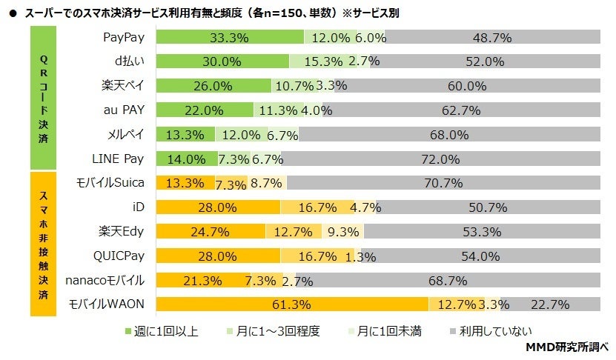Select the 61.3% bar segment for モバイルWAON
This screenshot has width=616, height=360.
[x=292, y=304]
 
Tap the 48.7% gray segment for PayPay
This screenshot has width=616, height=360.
[x=492, y=38]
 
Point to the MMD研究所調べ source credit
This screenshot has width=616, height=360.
[x=566, y=347]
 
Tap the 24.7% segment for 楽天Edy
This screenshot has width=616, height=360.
[x=211, y=231]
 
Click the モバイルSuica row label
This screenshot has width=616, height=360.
[x=110, y=182]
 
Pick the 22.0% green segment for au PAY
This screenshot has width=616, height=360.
[x=205, y=110]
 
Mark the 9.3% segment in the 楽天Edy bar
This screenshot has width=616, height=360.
[x=343, y=231]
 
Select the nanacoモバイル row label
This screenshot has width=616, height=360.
[x=104, y=280]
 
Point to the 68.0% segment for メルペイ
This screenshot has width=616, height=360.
[x=450, y=135]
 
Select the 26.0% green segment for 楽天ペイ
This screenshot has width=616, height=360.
[x=213, y=86]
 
